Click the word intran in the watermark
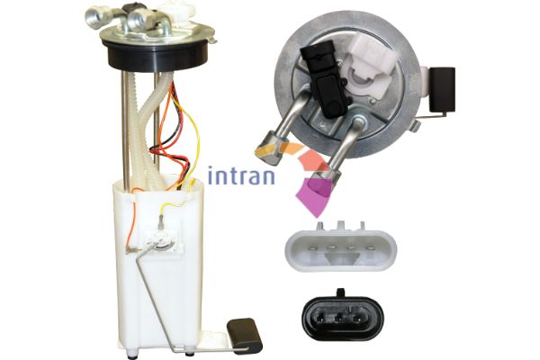tap(241, 175)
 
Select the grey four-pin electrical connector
tap(340, 246)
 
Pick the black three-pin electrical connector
tap(343, 314)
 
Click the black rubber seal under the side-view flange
tap(157, 56)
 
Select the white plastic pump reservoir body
tap(158, 262)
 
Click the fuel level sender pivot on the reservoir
tap(159, 238)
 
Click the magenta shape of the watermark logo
tap(312, 195)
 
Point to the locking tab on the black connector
tap(340, 292)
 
